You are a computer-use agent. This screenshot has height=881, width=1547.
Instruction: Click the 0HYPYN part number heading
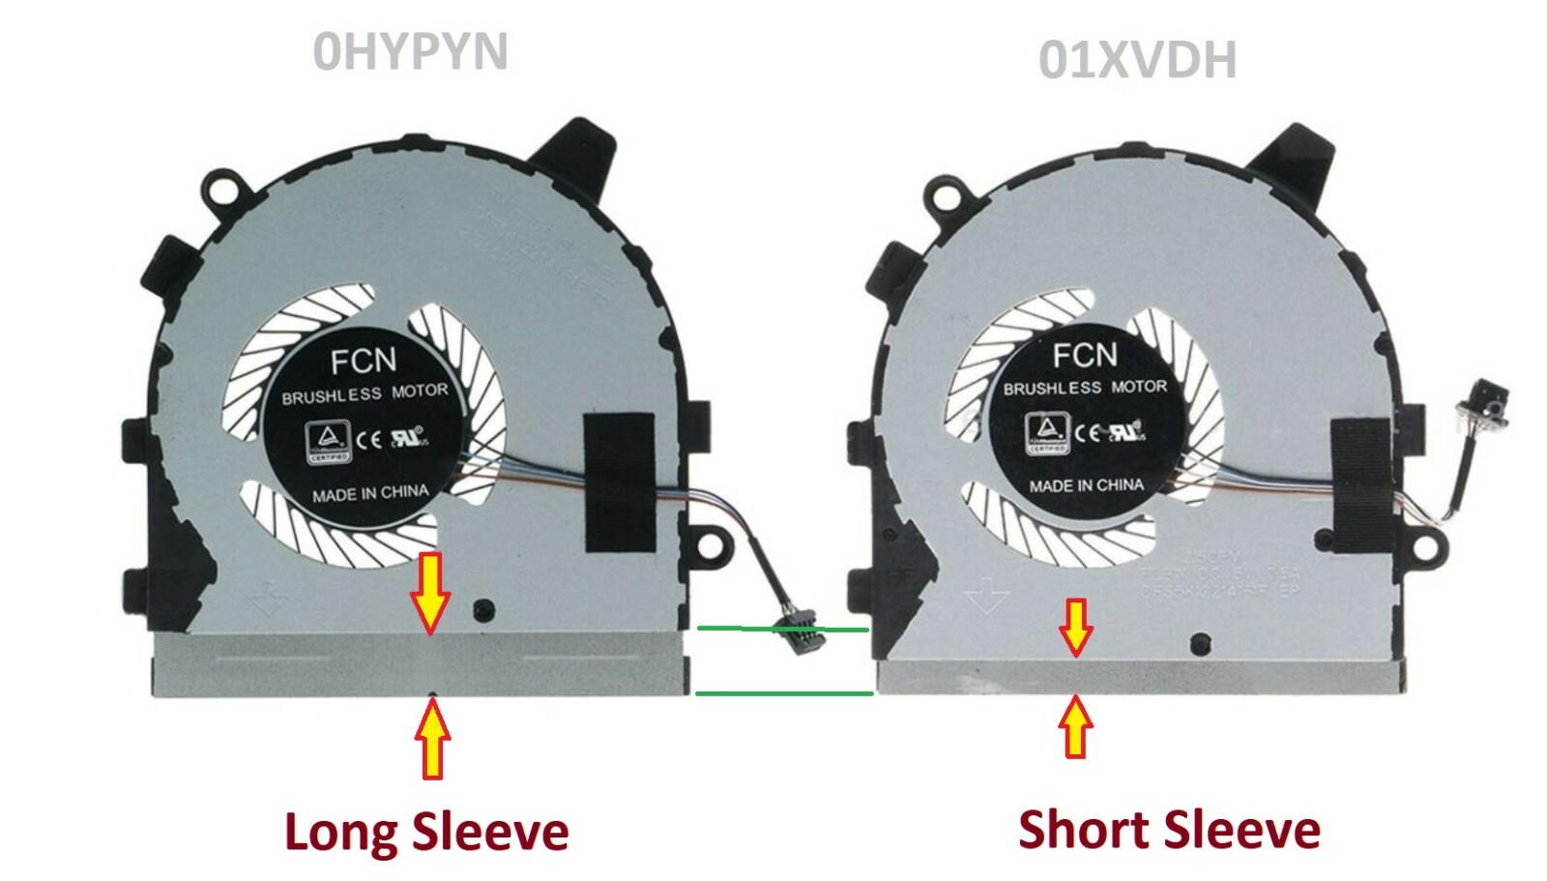coord(410,51)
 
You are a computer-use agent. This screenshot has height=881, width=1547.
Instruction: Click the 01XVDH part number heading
coord(1137,60)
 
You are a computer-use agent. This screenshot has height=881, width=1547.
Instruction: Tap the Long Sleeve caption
coord(426,832)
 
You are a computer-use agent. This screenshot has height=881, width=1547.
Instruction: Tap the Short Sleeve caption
coord(1169,830)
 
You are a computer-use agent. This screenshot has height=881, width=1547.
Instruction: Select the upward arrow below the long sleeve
coord(432,740)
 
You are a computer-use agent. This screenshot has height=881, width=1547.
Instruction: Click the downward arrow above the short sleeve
coord(1075,627)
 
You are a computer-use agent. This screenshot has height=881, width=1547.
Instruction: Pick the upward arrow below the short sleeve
coord(1075,724)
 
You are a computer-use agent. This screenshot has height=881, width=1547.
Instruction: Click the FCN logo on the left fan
coord(363,361)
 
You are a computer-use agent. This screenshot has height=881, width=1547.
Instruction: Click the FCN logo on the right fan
coord(1085,355)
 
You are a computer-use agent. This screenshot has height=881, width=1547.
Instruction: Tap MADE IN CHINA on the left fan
coord(370,493)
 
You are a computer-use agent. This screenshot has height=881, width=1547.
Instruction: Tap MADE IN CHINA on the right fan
coord(1086,485)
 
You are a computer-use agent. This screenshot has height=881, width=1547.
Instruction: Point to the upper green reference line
coord(783,629)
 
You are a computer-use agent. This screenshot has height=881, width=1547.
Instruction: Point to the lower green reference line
coord(783,692)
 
